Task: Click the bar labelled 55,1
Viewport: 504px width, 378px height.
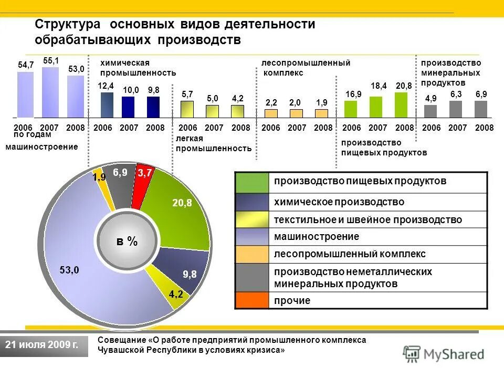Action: (x=50, y=92)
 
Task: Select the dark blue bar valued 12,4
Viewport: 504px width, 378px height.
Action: (x=107, y=104)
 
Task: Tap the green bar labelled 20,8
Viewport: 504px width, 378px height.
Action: (x=401, y=104)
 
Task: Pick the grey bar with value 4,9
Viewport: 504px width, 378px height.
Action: (x=430, y=111)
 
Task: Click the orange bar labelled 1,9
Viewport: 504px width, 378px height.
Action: (x=321, y=113)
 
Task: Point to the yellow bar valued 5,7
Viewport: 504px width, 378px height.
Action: (x=187, y=109)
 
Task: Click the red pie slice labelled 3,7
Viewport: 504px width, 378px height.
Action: (x=143, y=184)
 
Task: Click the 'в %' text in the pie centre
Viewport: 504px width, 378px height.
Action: (x=127, y=241)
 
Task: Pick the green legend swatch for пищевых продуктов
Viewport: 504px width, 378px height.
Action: (x=252, y=183)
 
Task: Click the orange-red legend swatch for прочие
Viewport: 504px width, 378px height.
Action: (x=252, y=300)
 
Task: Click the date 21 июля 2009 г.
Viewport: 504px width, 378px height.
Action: (x=42, y=345)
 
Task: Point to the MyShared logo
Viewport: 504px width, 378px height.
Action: (x=444, y=354)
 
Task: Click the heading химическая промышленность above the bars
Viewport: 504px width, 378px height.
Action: (x=138, y=68)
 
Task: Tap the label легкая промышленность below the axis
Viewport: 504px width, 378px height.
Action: (x=213, y=143)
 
